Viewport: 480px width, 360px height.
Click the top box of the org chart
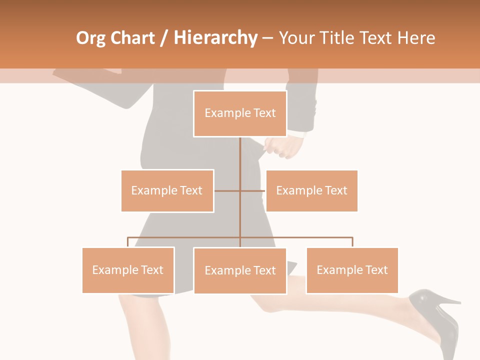pos(240,113)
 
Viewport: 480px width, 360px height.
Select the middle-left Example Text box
pos(167,190)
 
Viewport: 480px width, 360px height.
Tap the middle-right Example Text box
pos(311,190)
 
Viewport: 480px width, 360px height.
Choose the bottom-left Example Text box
pos(128,270)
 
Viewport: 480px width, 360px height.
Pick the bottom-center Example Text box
pos(240,270)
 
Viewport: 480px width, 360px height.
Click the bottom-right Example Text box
pos(352,270)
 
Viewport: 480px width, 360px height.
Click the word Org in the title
pos(90,38)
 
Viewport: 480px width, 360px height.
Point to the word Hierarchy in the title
pos(215,38)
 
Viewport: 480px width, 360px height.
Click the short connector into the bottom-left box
pos(128,242)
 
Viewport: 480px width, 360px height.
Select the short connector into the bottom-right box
pos(352,242)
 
